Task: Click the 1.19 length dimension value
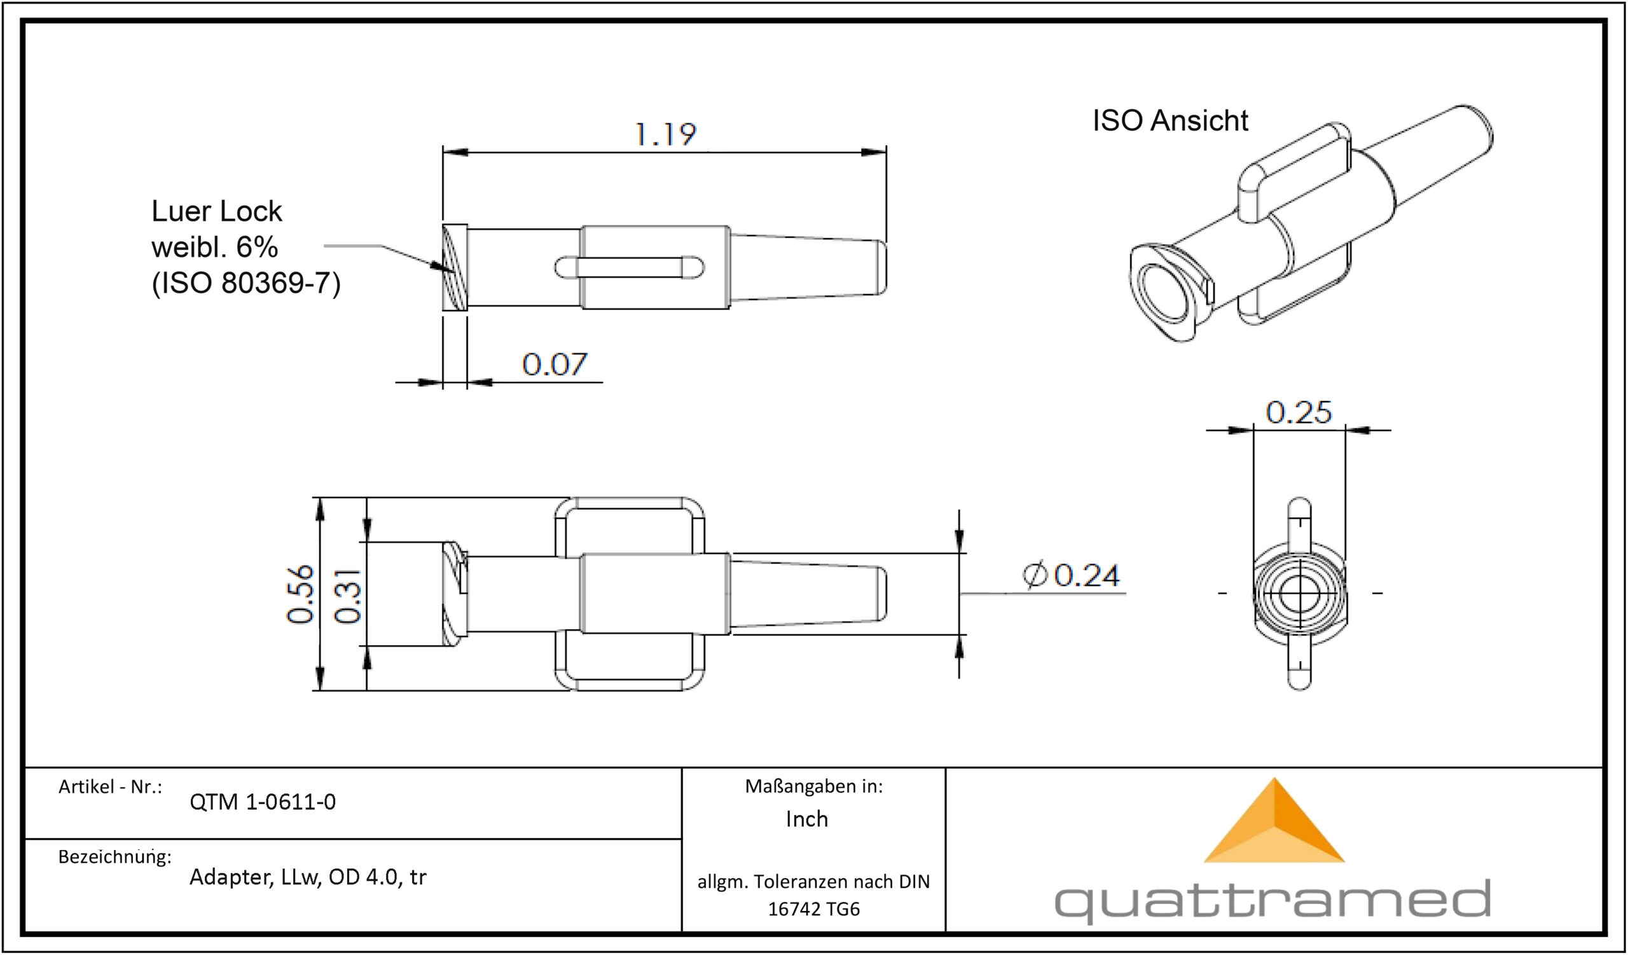tap(666, 134)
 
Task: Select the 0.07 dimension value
tap(555, 365)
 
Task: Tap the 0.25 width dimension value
tap(1299, 412)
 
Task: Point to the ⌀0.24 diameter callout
tap(1071, 575)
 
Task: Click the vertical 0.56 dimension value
tap(301, 594)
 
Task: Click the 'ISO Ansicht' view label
tap(1170, 121)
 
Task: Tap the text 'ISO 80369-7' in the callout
tap(245, 283)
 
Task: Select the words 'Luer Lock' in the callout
tap(216, 211)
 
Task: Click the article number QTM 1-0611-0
tap(262, 802)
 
